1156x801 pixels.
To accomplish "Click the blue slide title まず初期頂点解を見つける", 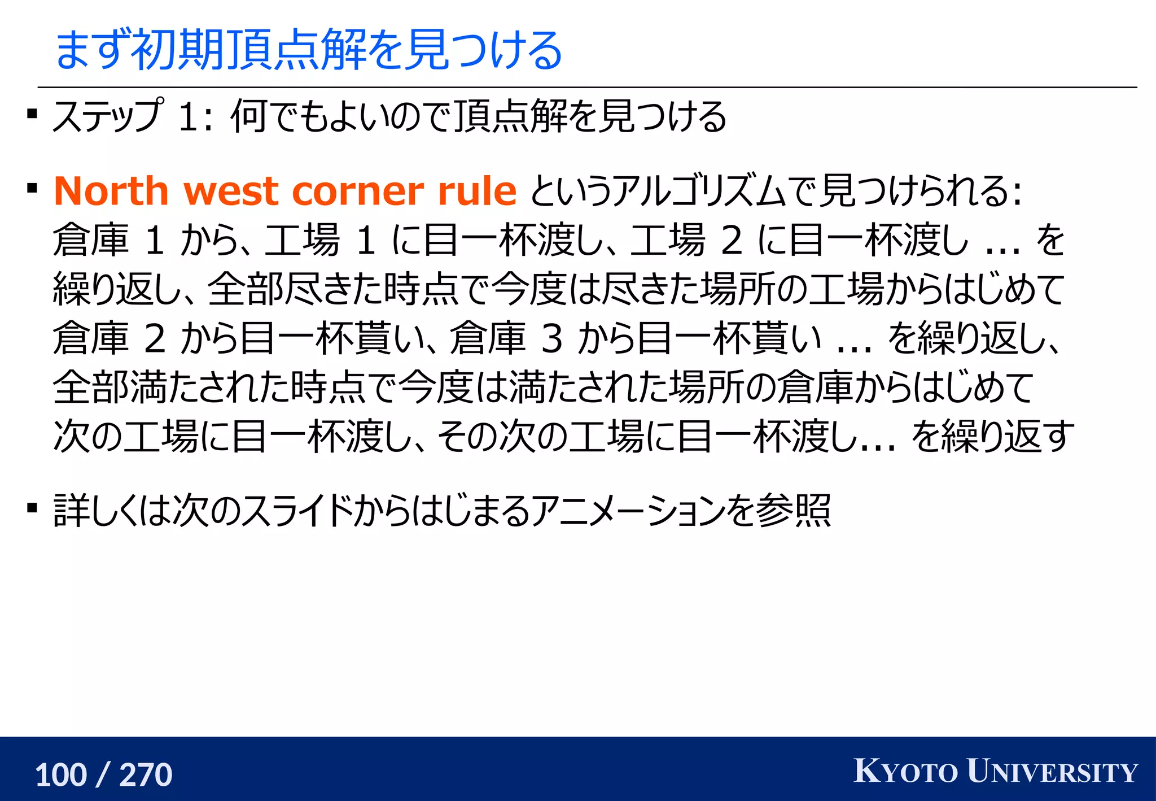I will tap(308, 51).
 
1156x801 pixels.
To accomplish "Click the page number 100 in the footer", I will tap(61, 774).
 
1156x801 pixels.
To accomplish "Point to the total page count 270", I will tap(146, 774).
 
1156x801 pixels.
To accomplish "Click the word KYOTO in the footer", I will tap(905, 772).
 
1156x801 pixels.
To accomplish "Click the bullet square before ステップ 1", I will tap(32, 115).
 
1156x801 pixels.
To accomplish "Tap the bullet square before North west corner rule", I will tap(32, 188).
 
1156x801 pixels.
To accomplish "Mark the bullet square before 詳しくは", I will tap(32, 508).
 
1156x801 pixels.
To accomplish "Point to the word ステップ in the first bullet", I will tap(108, 116).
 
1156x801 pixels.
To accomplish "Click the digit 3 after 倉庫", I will tap(551, 338).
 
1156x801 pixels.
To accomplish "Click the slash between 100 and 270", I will tap(103, 774).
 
